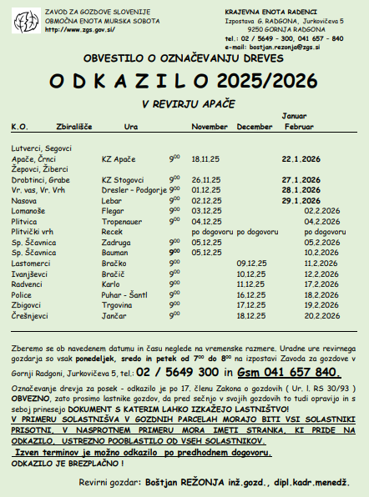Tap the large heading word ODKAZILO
pos(130,82)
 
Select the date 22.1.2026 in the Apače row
pos(303,157)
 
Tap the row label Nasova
pos(23,200)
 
